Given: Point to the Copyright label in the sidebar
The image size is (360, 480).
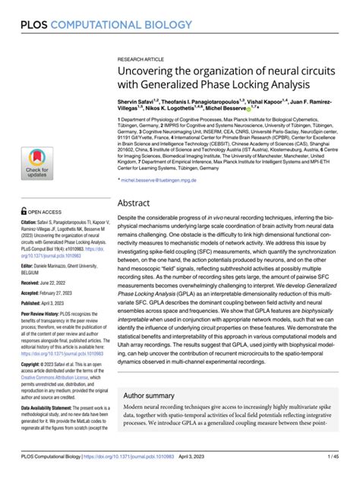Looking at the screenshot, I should (x=33, y=386).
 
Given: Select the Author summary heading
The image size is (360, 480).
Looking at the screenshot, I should (x=155, y=417).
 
